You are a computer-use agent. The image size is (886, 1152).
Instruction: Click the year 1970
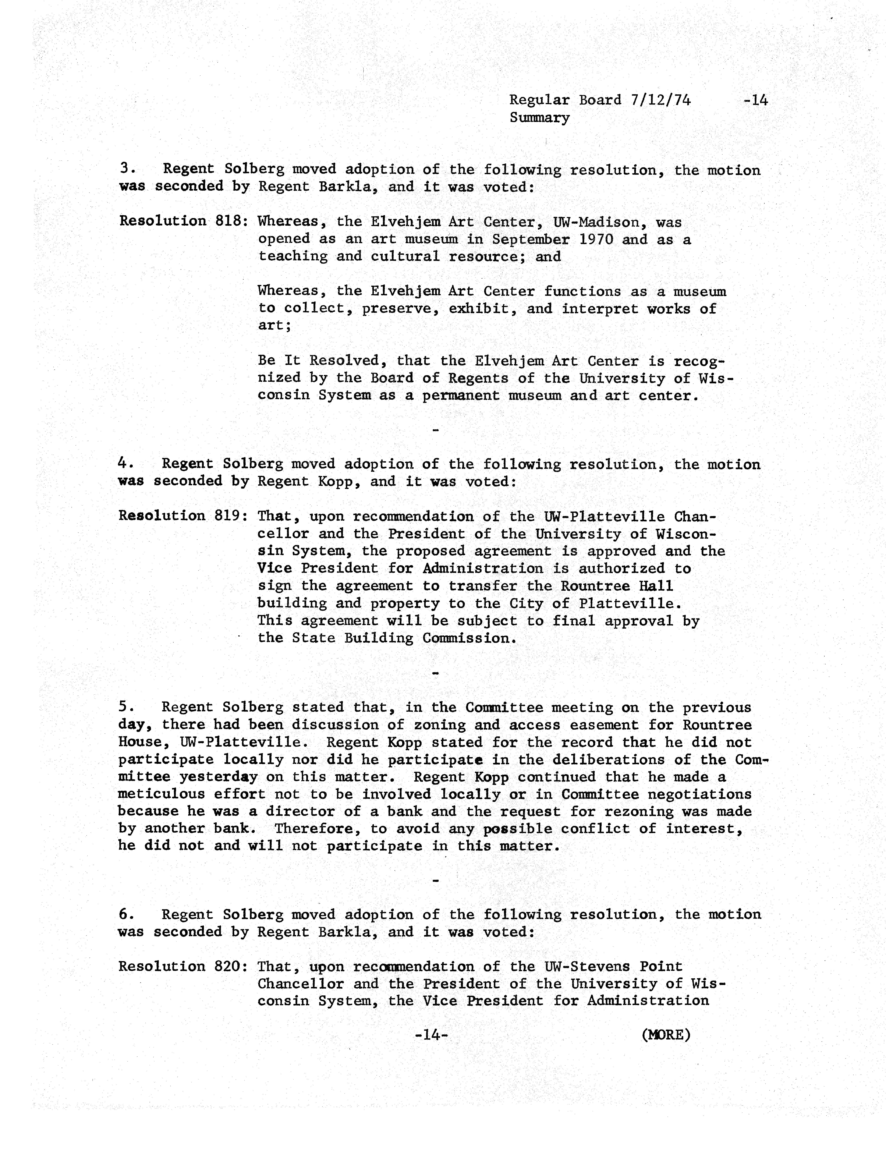tap(596, 239)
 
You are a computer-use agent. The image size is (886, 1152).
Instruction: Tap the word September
tap(531, 239)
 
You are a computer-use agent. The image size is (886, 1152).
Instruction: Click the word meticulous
tap(161, 794)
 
